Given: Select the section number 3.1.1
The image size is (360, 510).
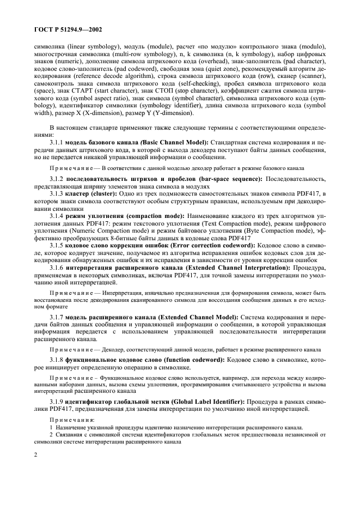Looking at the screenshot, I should [x=58, y=142].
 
